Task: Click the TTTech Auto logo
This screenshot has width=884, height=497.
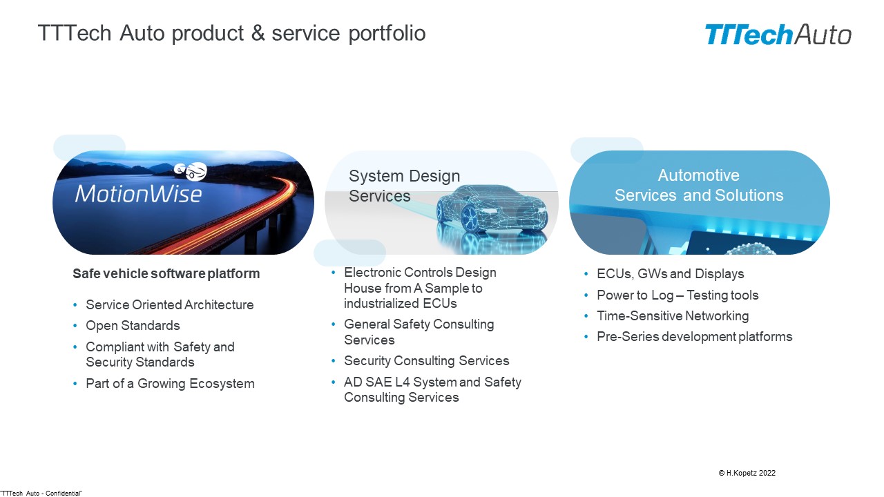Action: pyautogui.click(x=778, y=35)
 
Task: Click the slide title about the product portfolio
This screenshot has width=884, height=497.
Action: pyautogui.click(x=231, y=32)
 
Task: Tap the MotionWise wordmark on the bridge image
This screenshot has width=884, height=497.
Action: pyautogui.click(x=139, y=194)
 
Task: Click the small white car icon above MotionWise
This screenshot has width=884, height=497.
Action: pyautogui.click(x=191, y=172)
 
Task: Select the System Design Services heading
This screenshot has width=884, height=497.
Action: pyautogui.click(x=404, y=186)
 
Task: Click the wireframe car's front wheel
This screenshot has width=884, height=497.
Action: pyautogui.click(x=470, y=218)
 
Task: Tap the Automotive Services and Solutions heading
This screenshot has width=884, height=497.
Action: pyautogui.click(x=699, y=186)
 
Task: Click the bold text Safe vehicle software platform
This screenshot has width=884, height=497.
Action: pyautogui.click(x=166, y=274)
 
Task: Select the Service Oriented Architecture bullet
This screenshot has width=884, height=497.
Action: pyautogui.click(x=170, y=305)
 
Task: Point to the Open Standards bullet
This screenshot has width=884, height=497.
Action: pyautogui.click(x=133, y=326)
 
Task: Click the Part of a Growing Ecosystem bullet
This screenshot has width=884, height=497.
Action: pyautogui.click(x=170, y=384)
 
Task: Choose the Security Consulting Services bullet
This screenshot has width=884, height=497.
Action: pyautogui.click(x=427, y=361)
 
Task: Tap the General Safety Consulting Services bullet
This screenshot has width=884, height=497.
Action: pyautogui.click(x=419, y=332)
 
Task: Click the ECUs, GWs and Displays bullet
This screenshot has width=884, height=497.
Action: pyautogui.click(x=670, y=274)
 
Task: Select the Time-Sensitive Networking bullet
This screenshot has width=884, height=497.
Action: pyautogui.click(x=673, y=316)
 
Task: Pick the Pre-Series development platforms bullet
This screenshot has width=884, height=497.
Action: pyautogui.click(x=694, y=337)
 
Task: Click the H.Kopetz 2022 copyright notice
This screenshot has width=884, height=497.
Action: pyautogui.click(x=747, y=473)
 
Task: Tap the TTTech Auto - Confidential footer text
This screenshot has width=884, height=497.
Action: pyautogui.click(x=41, y=494)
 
